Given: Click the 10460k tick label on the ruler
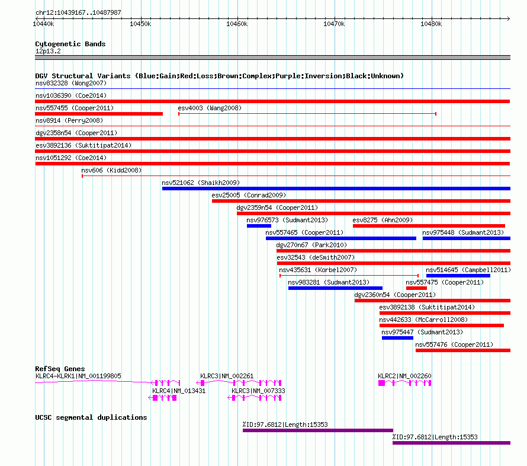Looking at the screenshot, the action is tap(237, 24).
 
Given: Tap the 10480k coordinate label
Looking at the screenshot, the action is tap(431, 24).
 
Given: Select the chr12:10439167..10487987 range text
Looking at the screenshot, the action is tap(78, 12).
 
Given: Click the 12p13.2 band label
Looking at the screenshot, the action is tap(48, 51).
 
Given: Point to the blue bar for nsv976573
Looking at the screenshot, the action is tap(259, 226).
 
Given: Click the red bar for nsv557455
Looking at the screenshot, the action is tap(99, 114).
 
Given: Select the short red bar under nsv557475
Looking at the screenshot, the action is tap(416, 288).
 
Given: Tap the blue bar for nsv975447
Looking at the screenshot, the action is tap(397, 338).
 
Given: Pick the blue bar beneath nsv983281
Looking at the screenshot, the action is tap(335, 288).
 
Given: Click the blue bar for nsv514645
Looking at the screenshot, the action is tap(458, 276).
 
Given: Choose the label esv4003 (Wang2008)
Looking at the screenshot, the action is tap(210, 108).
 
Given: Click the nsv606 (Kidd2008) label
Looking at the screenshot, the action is tap(111, 170).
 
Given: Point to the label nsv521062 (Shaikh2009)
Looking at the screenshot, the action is tap(201, 183).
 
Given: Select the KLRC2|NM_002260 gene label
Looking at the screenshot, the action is tap(404, 376).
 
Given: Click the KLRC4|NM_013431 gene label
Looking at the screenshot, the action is tap(179, 391).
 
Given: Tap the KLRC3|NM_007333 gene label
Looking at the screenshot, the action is tap(258, 391).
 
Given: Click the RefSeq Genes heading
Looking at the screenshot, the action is tap(60, 369).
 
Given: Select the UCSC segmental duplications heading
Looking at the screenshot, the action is tap(91, 417).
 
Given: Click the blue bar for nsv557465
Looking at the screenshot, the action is tap(341, 238).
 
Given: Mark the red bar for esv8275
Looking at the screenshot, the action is tap(429, 226).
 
